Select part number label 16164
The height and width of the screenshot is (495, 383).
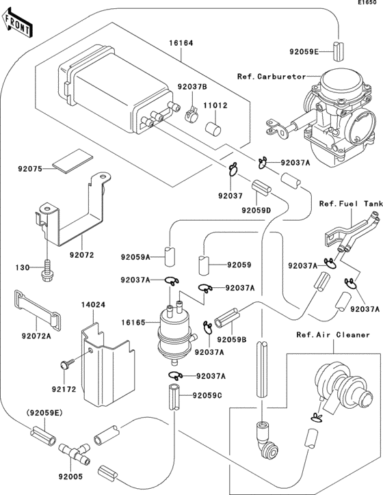181,43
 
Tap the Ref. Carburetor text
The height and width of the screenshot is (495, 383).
272,77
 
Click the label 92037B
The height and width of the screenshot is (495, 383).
192,86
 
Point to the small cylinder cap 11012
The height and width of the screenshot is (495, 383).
213,129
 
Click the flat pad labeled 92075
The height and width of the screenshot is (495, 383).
73,161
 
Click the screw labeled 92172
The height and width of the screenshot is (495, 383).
67,364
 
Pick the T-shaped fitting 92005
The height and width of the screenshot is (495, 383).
75,455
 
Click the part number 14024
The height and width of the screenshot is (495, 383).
93,305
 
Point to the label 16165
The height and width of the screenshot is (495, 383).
133,323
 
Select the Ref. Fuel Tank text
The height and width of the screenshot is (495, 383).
351,204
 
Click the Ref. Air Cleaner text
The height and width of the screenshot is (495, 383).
333,334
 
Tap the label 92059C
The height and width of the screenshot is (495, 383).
207,395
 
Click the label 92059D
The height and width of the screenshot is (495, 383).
256,210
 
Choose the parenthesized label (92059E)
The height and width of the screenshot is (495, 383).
44,412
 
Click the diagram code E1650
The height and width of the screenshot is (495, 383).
367,2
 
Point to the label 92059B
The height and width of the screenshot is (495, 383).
231,340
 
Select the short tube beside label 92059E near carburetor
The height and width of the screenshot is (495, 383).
339,51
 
